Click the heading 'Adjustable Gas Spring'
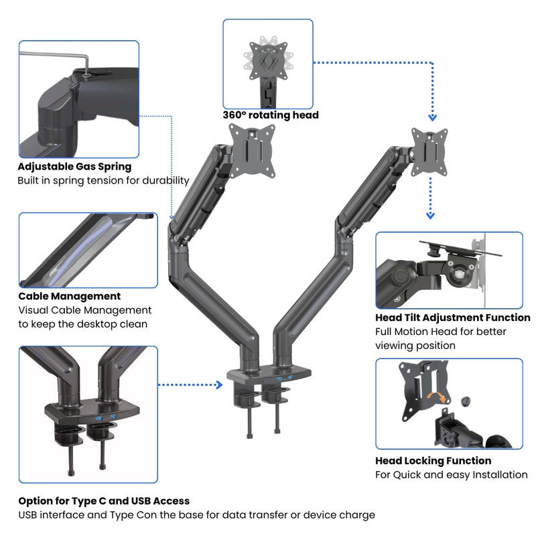coord(74,167)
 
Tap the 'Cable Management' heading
coord(70,296)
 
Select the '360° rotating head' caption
coord(271,115)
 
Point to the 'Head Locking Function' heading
coord(433,461)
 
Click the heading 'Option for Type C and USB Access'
coord(104,501)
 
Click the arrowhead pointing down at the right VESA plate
coord(431,116)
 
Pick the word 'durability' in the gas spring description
coord(163,181)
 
